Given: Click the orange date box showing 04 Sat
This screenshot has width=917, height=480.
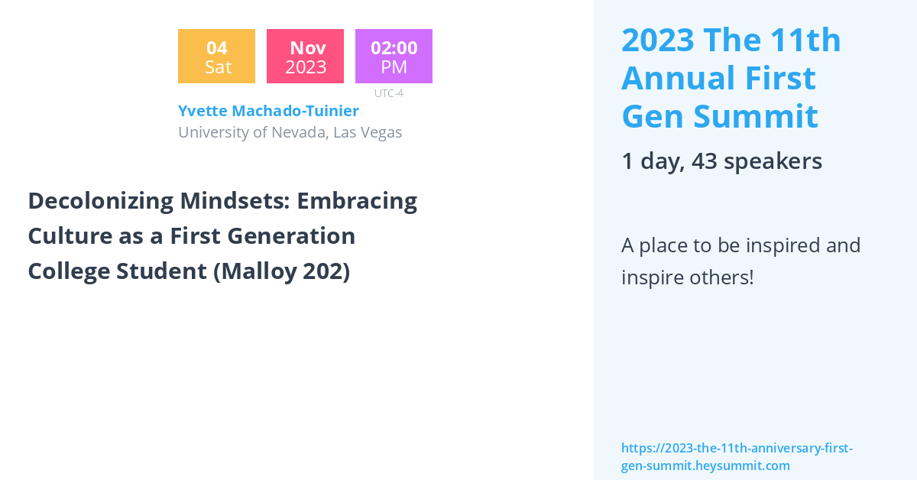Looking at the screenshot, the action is click(x=216, y=56).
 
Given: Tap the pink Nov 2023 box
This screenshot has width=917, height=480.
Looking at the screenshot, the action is click(x=306, y=56).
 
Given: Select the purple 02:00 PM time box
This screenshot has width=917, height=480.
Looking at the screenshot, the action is click(x=394, y=56).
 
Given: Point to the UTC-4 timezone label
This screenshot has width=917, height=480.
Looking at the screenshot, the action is click(x=389, y=93).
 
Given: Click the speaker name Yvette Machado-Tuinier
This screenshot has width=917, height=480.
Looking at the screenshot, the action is click(x=268, y=111).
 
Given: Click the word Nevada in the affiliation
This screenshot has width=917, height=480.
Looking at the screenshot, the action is click(x=300, y=133).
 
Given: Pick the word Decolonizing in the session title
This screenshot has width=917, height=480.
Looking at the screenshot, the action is click(x=101, y=202).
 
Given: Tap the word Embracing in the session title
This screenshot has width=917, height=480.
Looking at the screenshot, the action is click(x=357, y=202).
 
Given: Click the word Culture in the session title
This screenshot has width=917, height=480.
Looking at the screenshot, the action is click(x=70, y=236).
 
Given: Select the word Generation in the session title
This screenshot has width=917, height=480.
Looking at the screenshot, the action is click(x=291, y=236).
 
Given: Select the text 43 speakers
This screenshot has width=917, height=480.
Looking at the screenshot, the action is click(x=757, y=161).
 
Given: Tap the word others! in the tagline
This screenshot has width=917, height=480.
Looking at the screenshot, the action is click(x=721, y=277).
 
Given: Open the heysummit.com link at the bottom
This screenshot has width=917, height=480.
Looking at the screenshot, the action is click(x=737, y=456).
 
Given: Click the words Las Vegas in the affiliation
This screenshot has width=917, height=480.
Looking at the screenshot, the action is click(x=368, y=133).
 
